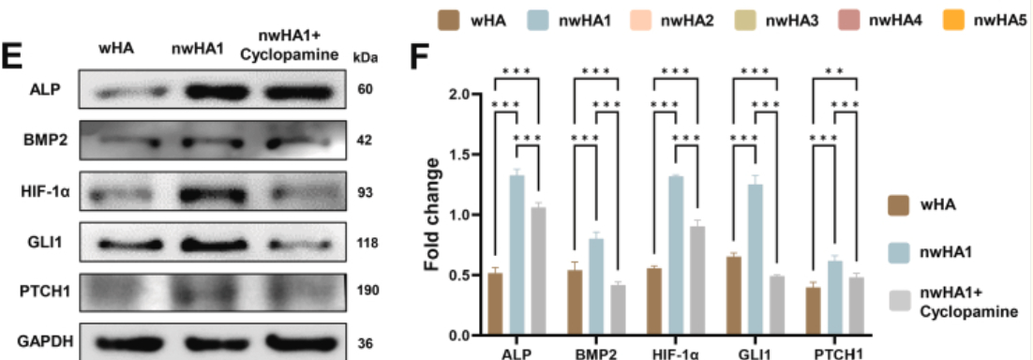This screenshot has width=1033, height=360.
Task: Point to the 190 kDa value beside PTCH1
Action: pyautogui.click(x=367, y=290)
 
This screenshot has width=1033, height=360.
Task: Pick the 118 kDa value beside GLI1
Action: pyautogui.click(x=367, y=244)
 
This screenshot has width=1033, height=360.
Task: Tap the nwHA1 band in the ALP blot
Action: pyautogui.click(x=196, y=92)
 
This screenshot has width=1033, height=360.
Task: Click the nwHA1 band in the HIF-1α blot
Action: pyautogui.click(x=196, y=195)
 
